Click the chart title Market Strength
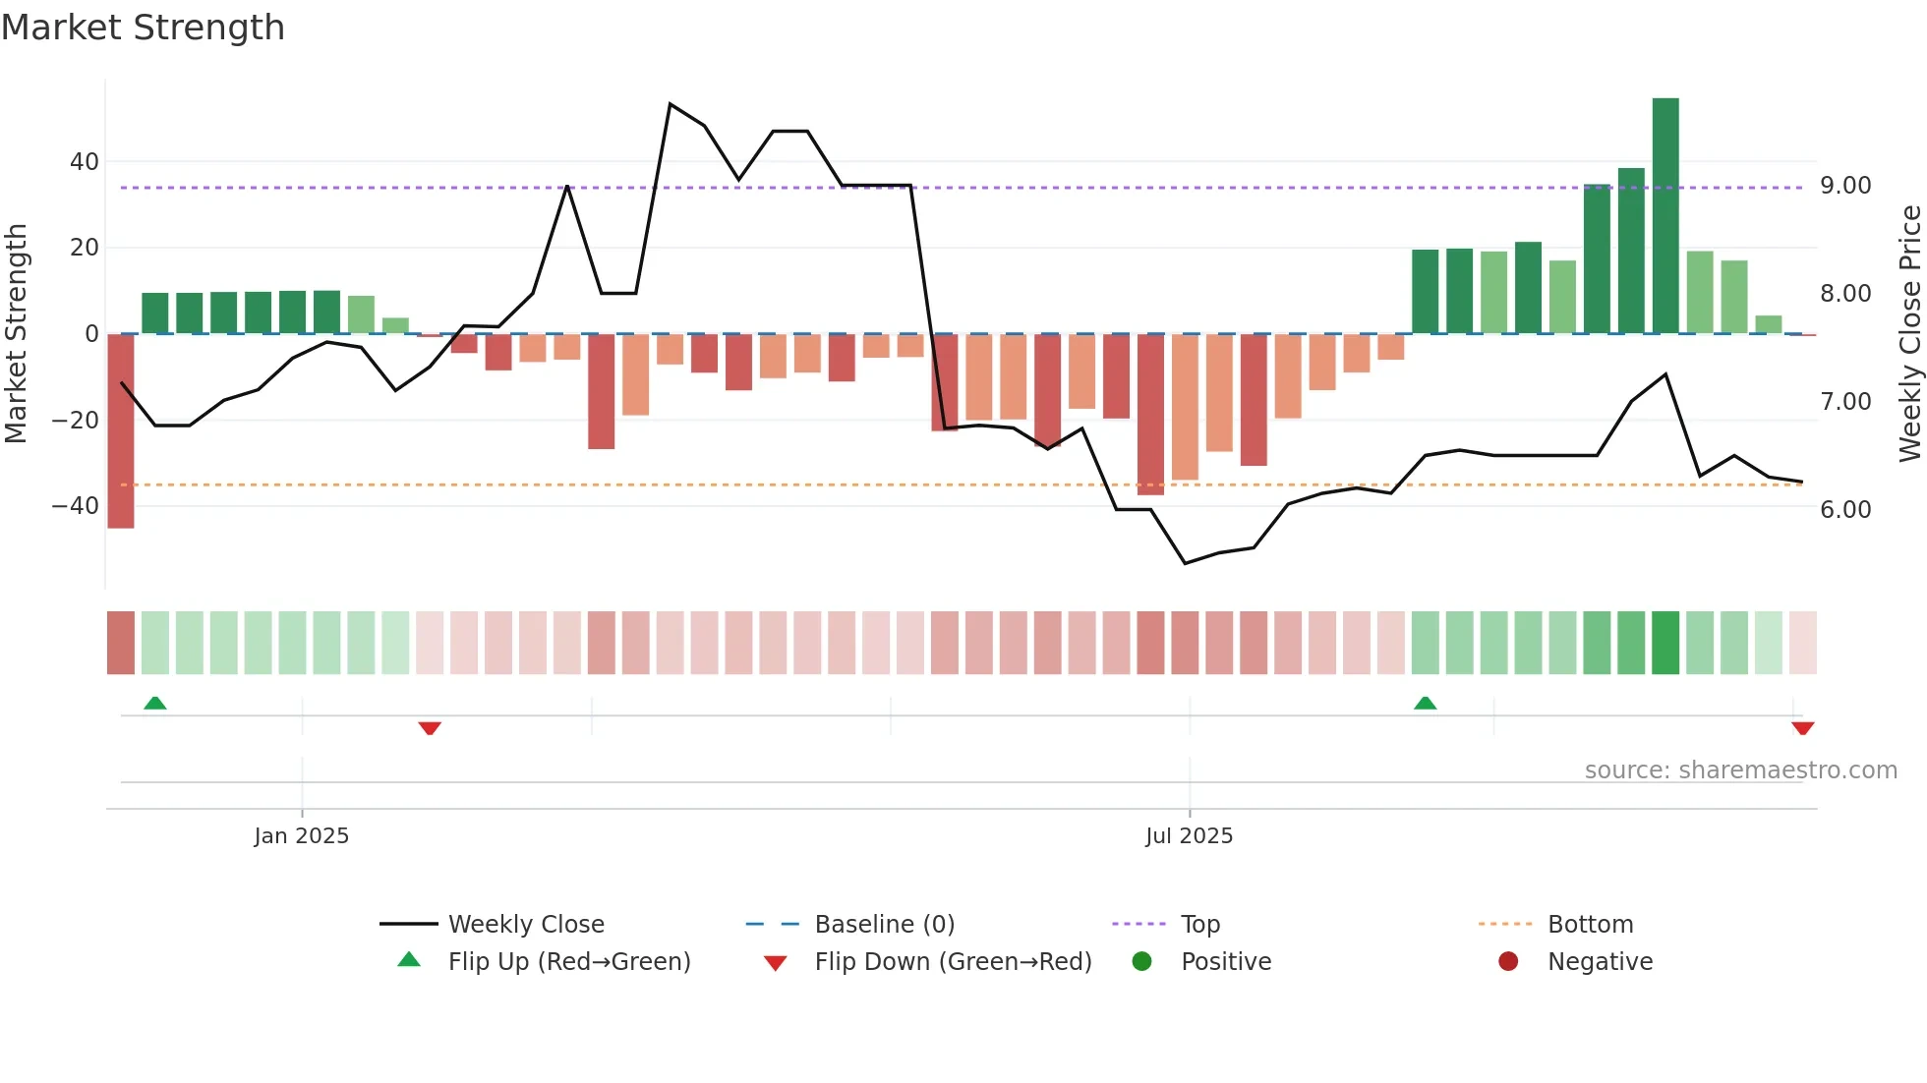(x=144, y=28)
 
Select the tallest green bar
(x=1665, y=216)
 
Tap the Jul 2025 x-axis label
(x=1189, y=836)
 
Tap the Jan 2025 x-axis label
(x=301, y=836)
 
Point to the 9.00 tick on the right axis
(x=1845, y=186)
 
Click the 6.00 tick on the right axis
(x=1845, y=510)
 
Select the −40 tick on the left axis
(x=76, y=506)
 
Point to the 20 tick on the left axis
(x=85, y=248)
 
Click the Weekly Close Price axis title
(x=1909, y=334)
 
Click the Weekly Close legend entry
(x=526, y=925)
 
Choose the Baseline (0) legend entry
(x=884, y=925)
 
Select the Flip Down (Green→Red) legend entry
(x=953, y=962)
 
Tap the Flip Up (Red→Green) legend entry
(x=569, y=962)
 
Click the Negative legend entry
(x=1600, y=962)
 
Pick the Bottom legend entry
(x=1590, y=925)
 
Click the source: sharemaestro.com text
(x=1740, y=770)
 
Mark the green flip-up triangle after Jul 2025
(x=1425, y=704)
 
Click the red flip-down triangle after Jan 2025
(x=430, y=728)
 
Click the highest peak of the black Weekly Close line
(x=670, y=104)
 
